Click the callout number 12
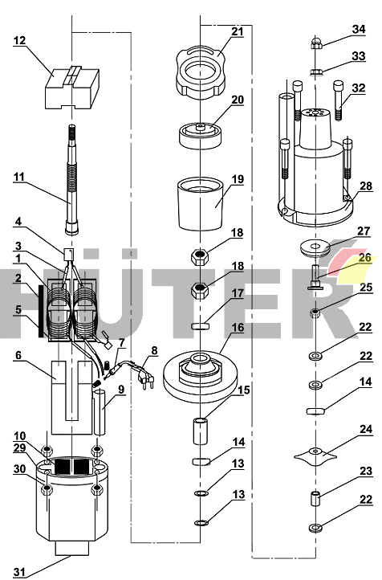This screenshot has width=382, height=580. click(19, 40)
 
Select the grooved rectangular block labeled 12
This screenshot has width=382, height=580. click(72, 88)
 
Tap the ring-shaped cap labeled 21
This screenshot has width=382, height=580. click(200, 72)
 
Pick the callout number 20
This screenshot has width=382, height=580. click(238, 100)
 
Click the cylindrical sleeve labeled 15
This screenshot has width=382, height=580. click(201, 431)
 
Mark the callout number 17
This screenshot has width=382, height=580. click(238, 293)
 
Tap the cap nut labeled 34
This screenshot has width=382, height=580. click(317, 43)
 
